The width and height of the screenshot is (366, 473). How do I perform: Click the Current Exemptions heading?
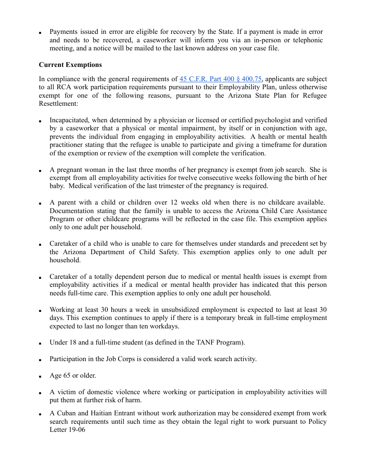[x=70, y=65]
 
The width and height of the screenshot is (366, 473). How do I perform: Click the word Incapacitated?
[x=69, y=120]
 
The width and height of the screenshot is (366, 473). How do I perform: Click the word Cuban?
[x=66, y=413]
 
